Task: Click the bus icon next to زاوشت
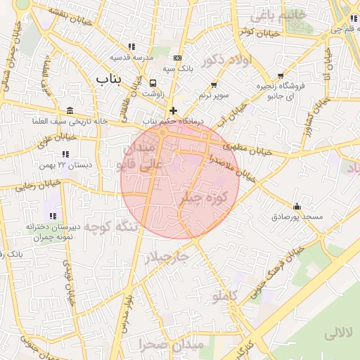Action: click(x=153, y=84)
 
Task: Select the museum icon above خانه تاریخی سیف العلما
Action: click(x=69, y=110)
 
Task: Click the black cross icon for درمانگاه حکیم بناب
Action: click(x=173, y=110)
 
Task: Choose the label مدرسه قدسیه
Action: click(x=127, y=57)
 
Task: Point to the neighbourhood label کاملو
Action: click(x=226, y=297)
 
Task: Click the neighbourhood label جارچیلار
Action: click(x=166, y=257)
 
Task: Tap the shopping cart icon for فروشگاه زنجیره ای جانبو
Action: click(x=281, y=75)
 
